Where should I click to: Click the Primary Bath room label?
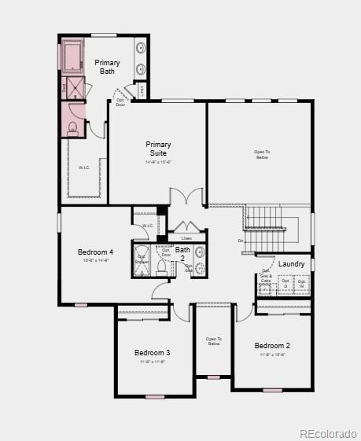pyautogui.click(x=107, y=67)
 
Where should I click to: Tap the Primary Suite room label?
pyautogui.click(x=158, y=149)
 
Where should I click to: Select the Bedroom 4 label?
pyautogui.click(x=95, y=252)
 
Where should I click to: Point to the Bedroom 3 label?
pyautogui.click(x=152, y=352)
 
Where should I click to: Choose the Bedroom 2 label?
pyautogui.click(x=272, y=346)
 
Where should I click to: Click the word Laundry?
pyautogui.click(x=291, y=264)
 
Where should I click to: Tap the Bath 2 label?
pyautogui.click(x=182, y=253)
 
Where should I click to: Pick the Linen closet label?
pyautogui.click(x=186, y=237)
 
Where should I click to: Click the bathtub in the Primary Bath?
pyautogui.click(x=74, y=57)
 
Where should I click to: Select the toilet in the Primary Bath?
pyautogui.click(x=72, y=128)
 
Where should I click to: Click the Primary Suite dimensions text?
pyautogui.click(x=158, y=163)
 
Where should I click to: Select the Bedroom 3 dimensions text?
pyautogui.click(x=152, y=362)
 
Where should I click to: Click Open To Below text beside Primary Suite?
pyautogui.click(x=261, y=154)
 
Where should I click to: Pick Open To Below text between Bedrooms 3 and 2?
pyautogui.click(x=214, y=341)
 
